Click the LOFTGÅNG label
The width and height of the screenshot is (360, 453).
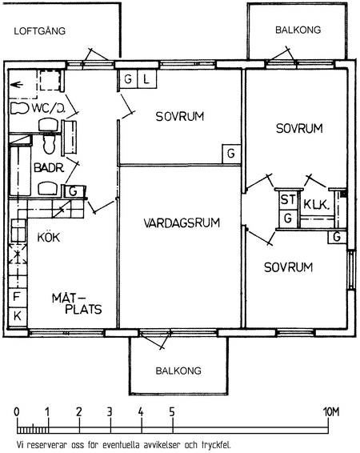pyautogui.click(x=40, y=30)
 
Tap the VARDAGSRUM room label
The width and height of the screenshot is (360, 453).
pyautogui.click(x=182, y=222)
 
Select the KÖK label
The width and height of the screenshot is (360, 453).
pyautogui.click(x=49, y=237)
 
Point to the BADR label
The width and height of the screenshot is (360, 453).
pyautogui.click(x=49, y=167)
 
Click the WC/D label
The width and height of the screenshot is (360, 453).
pyautogui.click(x=49, y=108)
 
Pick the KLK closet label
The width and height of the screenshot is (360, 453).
pyautogui.click(x=316, y=205)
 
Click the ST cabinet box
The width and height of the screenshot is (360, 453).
pyautogui.click(x=288, y=199)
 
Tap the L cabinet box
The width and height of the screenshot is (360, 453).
pyautogui.click(x=147, y=78)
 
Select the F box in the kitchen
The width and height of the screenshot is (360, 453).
pyautogui.click(x=18, y=297)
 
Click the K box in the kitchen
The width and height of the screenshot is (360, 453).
pyautogui.click(x=18, y=317)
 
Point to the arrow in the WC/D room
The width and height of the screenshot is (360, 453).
pyautogui.click(x=17, y=85)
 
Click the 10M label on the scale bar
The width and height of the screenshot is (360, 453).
pyautogui.click(x=330, y=412)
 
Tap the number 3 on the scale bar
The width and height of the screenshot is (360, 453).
pyautogui.click(x=110, y=412)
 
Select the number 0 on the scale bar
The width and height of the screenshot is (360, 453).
pyautogui.click(x=17, y=412)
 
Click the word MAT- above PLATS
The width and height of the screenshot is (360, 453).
pyautogui.click(x=67, y=298)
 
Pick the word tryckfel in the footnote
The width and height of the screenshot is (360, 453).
pyautogui.click(x=219, y=444)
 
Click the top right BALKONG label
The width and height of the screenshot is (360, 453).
pyautogui.click(x=298, y=30)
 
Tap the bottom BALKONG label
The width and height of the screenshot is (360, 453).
pyautogui.click(x=178, y=371)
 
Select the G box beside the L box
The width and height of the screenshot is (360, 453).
pyautogui.click(x=129, y=78)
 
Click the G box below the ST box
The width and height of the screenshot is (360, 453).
pyautogui.click(x=288, y=218)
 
